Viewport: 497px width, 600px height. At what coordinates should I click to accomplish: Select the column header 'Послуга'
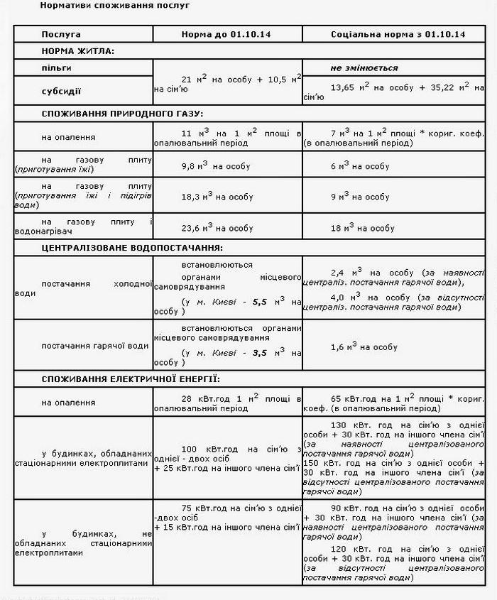[61, 34]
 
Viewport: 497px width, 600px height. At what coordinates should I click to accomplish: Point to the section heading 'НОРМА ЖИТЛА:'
[77, 51]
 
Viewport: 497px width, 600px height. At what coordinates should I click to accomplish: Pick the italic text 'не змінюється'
[364, 68]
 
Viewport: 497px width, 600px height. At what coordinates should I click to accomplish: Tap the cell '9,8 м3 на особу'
[217, 166]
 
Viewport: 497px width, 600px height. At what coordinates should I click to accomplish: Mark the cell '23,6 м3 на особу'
[218, 228]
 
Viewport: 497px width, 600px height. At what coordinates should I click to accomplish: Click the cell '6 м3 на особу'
[360, 166]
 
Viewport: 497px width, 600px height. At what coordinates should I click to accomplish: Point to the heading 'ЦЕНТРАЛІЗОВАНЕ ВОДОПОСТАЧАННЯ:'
[131, 248]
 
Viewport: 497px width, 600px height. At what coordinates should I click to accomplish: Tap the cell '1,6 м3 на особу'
[364, 347]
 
